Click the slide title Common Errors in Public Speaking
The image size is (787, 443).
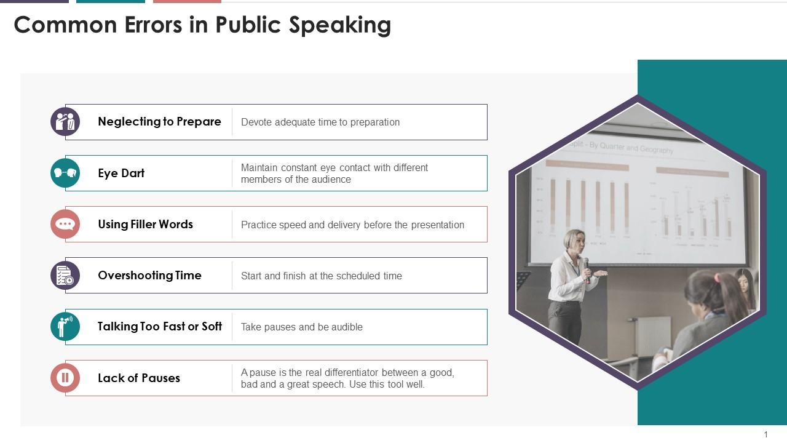point(202,25)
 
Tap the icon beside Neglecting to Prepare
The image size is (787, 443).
point(65,122)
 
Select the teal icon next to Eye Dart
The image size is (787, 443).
point(65,173)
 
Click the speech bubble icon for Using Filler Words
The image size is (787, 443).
point(65,224)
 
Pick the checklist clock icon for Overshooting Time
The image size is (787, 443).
point(65,276)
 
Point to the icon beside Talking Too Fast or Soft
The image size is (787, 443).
point(65,327)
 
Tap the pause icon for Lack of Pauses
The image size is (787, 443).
point(65,378)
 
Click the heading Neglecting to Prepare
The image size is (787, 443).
point(159,122)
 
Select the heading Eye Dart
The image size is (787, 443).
point(121,174)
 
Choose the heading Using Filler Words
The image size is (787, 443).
point(145,225)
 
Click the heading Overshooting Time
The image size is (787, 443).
point(149,276)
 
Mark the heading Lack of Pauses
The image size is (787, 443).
point(139,378)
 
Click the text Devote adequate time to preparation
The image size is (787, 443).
point(320,122)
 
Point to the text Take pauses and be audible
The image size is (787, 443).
point(301,327)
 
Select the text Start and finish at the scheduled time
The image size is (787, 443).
point(322,276)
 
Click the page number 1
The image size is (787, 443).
point(766,434)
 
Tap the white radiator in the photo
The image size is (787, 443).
point(653,336)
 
